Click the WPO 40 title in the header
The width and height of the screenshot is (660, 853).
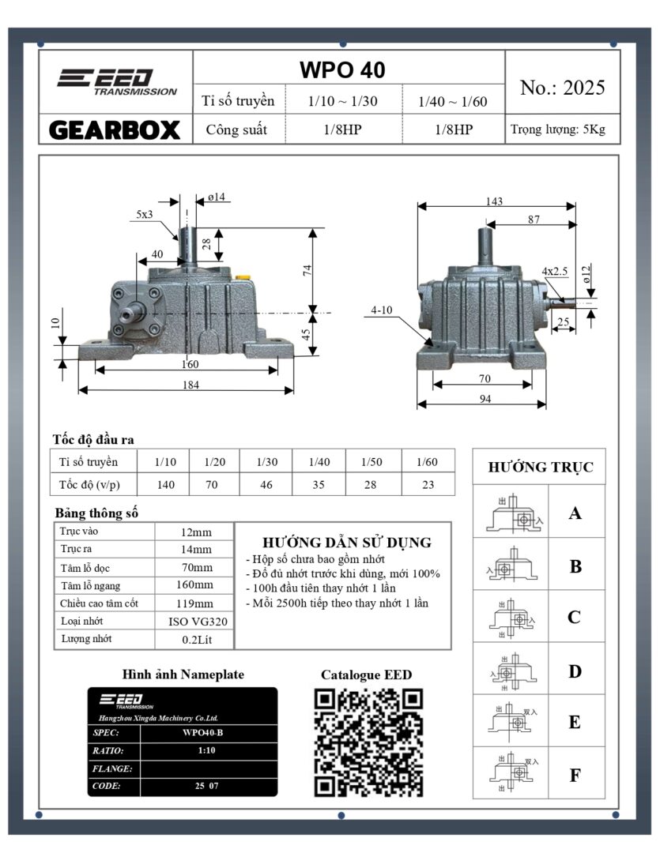click(x=342, y=70)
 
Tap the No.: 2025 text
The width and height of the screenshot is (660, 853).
click(x=562, y=88)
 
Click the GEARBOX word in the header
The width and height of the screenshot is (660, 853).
click(x=115, y=130)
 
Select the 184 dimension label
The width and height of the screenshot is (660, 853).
click(x=190, y=385)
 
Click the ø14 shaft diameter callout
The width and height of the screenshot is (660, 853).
click(x=220, y=197)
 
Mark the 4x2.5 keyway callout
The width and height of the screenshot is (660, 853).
click(x=555, y=271)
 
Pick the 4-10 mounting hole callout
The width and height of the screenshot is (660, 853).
click(x=382, y=310)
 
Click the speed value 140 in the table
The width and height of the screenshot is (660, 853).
click(x=165, y=484)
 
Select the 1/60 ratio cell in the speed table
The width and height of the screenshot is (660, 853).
click(x=428, y=461)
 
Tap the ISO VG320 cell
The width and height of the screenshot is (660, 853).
click(x=194, y=622)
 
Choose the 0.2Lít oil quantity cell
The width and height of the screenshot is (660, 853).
click(x=194, y=640)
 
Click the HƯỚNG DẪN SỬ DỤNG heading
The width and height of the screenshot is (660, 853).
click(x=346, y=543)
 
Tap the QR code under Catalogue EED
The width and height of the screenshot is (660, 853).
click(x=368, y=742)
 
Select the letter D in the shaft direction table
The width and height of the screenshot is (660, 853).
click(x=575, y=671)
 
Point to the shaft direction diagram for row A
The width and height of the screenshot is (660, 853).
click(x=511, y=514)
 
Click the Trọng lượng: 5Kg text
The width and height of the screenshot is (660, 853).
click(x=557, y=130)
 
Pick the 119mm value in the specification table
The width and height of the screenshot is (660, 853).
click(x=194, y=603)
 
